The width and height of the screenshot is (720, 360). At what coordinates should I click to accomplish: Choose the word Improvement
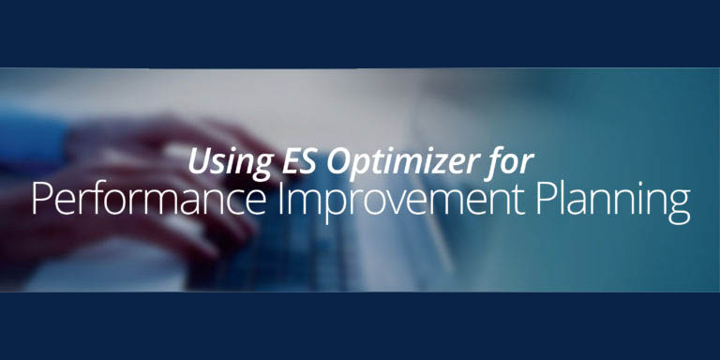click(401, 202)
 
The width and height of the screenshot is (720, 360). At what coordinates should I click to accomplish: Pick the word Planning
click(612, 202)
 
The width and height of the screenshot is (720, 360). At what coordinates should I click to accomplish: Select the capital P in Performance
click(40, 201)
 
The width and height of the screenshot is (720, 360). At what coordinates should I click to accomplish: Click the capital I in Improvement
click(280, 201)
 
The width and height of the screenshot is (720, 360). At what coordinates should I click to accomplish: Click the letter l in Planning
click(562, 201)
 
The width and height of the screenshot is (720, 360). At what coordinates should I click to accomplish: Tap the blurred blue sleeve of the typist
click(33, 138)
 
